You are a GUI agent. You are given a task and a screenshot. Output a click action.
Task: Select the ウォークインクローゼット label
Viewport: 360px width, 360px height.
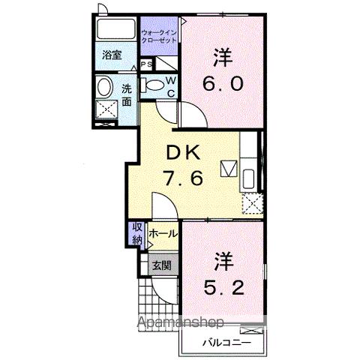pyautogui.click(x=158, y=34)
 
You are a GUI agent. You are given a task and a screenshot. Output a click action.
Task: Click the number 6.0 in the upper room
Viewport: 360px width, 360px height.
pyautogui.click(x=220, y=82)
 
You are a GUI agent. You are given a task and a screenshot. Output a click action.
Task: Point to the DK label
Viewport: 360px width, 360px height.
pyautogui.click(x=181, y=153)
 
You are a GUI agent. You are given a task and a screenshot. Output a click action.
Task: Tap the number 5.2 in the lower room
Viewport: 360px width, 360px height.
pyautogui.click(x=223, y=287)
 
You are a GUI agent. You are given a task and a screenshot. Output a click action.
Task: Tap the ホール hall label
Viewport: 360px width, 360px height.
pyautogui.click(x=163, y=234)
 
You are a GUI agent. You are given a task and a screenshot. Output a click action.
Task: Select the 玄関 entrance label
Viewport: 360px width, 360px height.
pyautogui.click(x=161, y=265)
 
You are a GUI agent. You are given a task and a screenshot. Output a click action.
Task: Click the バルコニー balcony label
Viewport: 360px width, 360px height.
pyautogui.click(x=223, y=343)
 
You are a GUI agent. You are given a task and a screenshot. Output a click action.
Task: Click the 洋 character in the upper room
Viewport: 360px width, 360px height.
pyautogui.click(x=220, y=56)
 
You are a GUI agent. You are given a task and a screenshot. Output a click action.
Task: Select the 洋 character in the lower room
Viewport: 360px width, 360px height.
pyautogui.click(x=222, y=262)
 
